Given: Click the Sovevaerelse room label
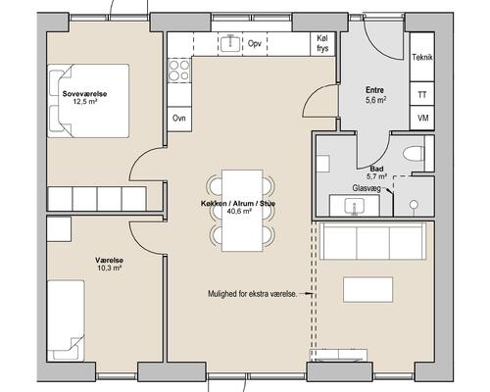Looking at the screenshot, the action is (84, 94).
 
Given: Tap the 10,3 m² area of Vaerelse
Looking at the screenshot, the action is (110, 269).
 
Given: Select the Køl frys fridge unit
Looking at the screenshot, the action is (322, 44).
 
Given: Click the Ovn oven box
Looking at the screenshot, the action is (179, 119).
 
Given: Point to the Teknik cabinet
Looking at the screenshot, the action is (422, 57).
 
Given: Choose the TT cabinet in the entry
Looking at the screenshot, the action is (422, 94).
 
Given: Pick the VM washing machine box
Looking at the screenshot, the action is (422, 118).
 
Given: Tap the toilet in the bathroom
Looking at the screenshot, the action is (414, 153).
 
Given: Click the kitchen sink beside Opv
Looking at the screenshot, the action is (230, 43).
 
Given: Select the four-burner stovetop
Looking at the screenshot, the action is (179, 71).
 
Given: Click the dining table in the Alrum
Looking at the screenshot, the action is (242, 211).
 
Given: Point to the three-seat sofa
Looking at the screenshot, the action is (372, 241).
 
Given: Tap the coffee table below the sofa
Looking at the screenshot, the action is (367, 289).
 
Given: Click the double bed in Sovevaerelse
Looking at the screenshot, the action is (88, 101).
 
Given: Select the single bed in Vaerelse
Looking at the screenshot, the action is (66, 320).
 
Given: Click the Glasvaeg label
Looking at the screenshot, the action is (367, 188).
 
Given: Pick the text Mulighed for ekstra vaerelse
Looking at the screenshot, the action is (253, 294).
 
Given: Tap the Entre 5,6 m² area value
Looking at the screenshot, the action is (375, 100).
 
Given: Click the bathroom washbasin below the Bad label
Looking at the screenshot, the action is (355, 206).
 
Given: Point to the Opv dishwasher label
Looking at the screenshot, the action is (254, 43).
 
